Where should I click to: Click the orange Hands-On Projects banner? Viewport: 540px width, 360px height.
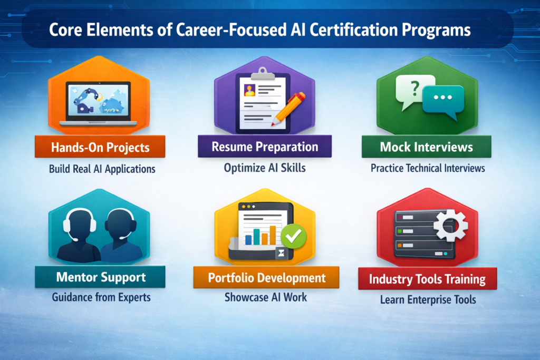(100, 147)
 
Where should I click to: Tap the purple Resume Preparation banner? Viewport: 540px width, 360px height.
(265, 147)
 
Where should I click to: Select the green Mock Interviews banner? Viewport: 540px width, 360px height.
(426, 147)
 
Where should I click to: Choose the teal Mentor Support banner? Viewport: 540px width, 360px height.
(100, 277)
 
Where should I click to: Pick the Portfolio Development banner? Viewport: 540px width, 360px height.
(266, 277)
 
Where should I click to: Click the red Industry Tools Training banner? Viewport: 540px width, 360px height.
(427, 278)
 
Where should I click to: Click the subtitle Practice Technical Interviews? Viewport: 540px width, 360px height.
(428, 169)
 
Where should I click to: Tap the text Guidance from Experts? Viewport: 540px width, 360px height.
(101, 297)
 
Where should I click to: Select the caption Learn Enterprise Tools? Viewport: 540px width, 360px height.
(428, 300)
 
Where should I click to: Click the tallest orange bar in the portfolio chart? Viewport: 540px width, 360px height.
(273, 235)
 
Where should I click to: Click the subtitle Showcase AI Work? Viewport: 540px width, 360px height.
(266, 297)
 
